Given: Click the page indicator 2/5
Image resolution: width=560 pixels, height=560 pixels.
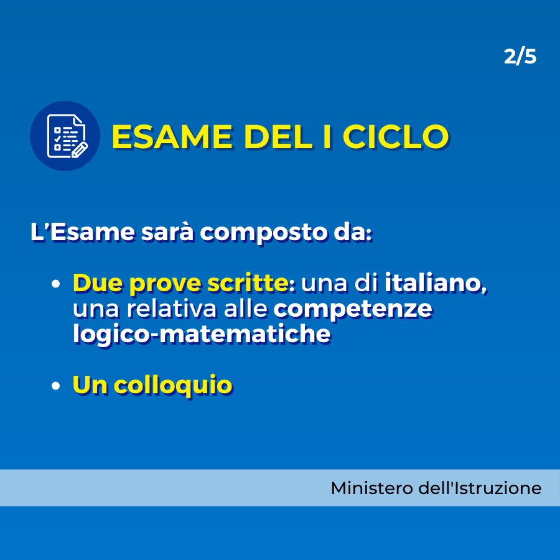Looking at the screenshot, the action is point(520,57).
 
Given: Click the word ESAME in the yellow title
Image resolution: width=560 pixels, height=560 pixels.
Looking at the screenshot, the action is point(172,136).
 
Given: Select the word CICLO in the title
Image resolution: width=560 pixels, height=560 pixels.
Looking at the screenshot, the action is point(395,136).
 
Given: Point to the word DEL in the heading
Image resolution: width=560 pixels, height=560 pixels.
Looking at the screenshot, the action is point(279,136).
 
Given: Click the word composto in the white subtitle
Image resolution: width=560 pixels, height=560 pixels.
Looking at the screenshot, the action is point(264,233).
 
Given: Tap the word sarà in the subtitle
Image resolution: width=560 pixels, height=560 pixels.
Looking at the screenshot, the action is point(167,232).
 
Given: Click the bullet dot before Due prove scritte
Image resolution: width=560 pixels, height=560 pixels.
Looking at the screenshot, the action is point(55,284).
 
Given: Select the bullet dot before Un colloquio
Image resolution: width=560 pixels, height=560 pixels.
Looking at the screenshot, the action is point(55,386).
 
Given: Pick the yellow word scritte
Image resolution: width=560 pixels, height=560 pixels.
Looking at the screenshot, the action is point(248,283).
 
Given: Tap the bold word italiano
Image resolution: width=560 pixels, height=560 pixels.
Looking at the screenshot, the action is point(436,283).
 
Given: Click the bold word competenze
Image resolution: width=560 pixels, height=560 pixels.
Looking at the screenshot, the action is point(353,309).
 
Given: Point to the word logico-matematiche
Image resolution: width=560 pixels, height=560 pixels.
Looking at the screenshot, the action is point(202,334).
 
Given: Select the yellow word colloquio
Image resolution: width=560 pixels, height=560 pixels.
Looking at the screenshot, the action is point(173,386).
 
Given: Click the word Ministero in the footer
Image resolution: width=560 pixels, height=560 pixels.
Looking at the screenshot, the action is point(372,488).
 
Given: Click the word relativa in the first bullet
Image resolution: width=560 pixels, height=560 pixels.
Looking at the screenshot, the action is point(172,309).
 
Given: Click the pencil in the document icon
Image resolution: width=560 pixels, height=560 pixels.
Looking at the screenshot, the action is point(80,150).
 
